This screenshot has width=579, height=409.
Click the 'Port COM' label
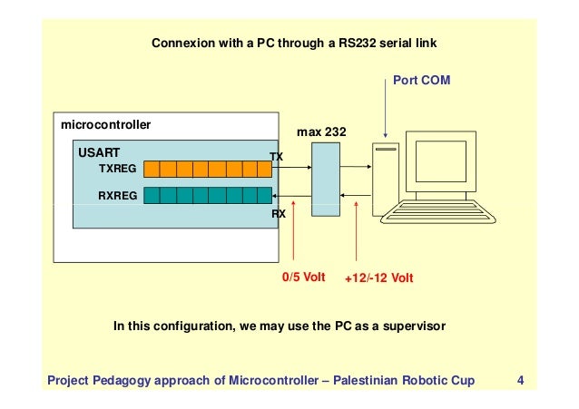pos(421,81)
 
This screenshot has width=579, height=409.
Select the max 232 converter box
pos(324,182)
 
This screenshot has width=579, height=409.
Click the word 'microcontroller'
pos(105,122)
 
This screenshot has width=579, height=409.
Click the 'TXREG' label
pos(117,169)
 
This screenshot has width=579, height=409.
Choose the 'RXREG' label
pos(117,195)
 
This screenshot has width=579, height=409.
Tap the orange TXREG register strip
pos(208,169)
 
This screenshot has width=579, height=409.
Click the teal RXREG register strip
pos(208,195)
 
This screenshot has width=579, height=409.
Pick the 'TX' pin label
pos(277,157)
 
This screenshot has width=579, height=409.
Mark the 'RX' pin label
pos(279,215)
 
